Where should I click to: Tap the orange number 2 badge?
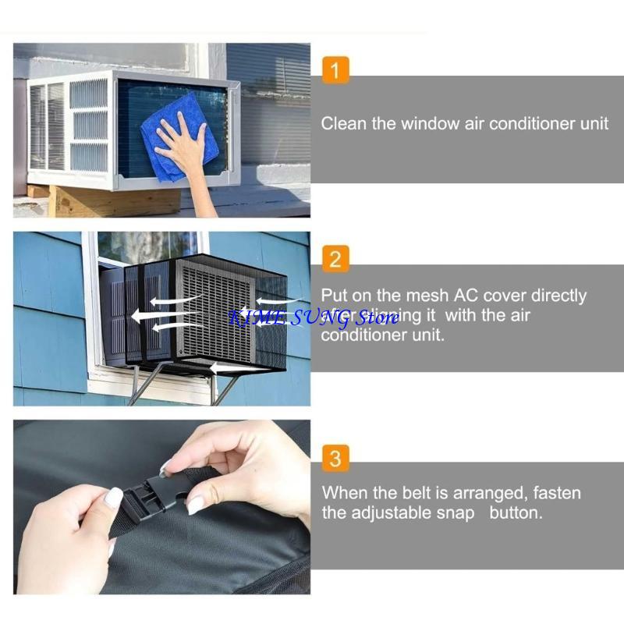[335, 259]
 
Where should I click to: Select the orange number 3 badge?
[335, 457]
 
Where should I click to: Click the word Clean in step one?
[343, 123]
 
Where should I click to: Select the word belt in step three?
[427, 493]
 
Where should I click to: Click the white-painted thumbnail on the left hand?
[114, 497]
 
